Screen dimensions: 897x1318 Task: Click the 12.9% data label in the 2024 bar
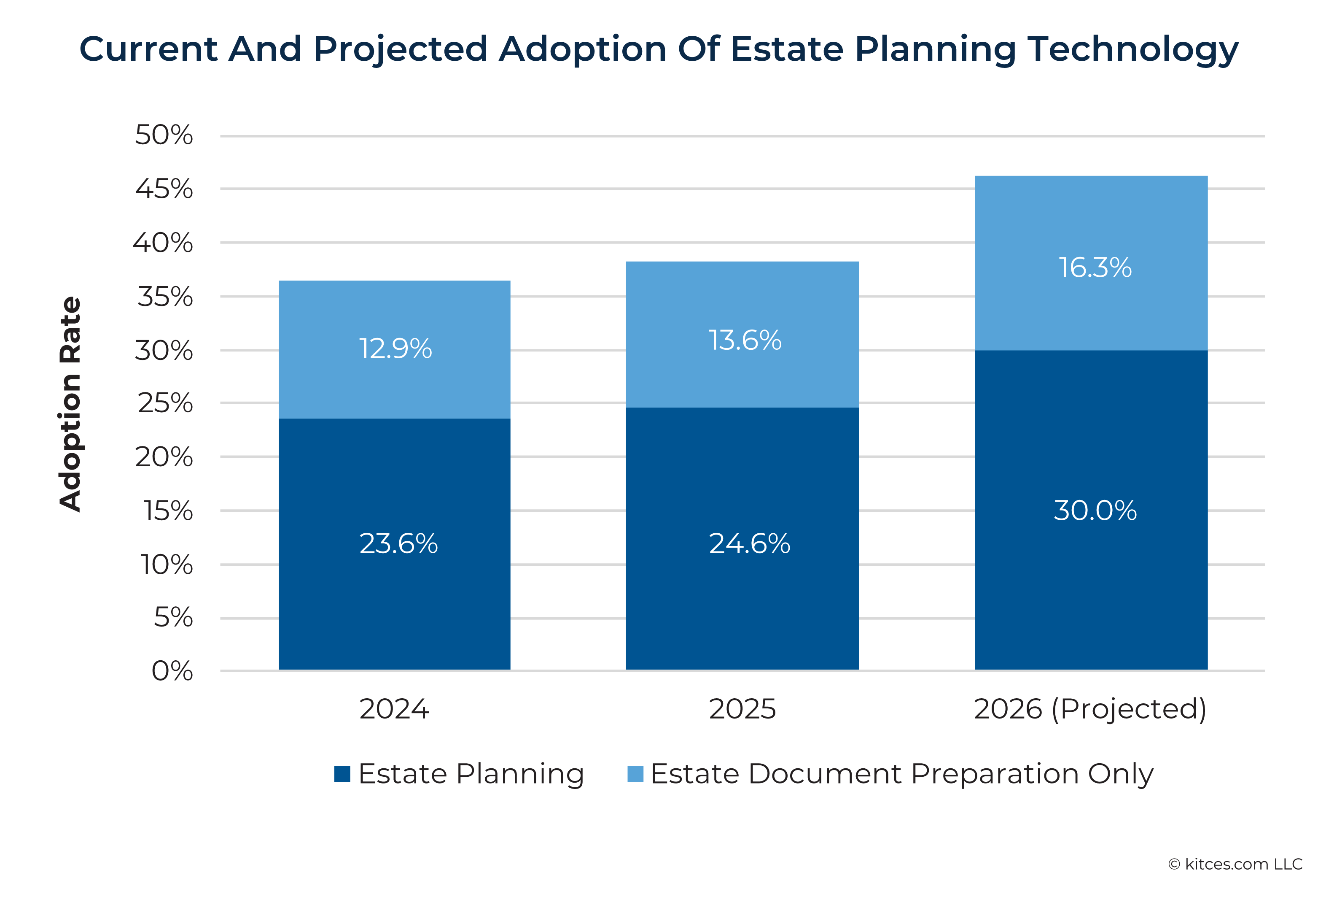pos(395,349)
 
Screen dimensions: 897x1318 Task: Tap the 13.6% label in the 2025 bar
pos(745,340)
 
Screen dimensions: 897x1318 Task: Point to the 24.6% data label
pos(749,543)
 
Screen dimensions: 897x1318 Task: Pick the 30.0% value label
pos(1095,510)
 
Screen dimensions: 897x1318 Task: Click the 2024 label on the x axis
pos(394,709)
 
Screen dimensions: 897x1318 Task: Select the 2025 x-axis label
pos(742,709)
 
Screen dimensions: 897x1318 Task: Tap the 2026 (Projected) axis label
pos(1089,709)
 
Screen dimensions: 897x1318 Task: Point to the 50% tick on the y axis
pos(164,135)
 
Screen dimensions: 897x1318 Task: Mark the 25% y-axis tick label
pos(165,403)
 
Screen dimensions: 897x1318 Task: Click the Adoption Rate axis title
pos(70,404)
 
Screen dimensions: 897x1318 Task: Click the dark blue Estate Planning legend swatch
pos(342,773)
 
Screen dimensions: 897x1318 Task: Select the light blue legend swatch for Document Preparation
pos(635,773)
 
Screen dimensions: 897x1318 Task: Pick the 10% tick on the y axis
pos(166,565)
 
